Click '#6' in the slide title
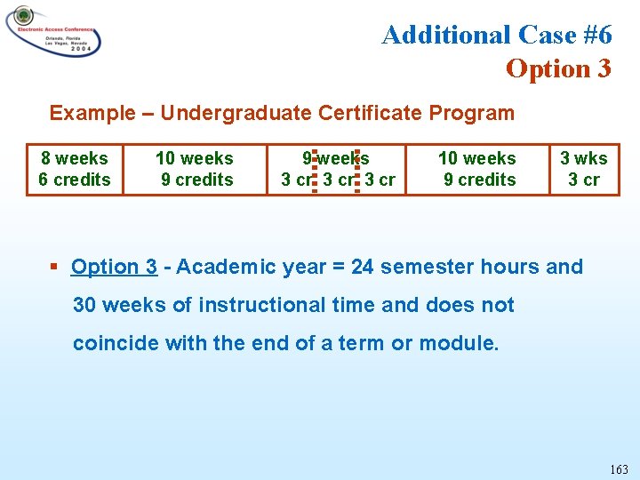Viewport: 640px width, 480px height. [x=592, y=35]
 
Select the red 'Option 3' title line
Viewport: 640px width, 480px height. [x=558, y=68]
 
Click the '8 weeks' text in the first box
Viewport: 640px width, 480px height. [x=75, y=158]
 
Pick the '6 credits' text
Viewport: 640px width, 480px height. [x=75, y=180]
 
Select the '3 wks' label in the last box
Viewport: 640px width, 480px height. [x=584, y=158]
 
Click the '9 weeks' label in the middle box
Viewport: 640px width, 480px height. [x=336, y=158]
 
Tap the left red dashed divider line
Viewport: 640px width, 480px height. [x=316, y=169]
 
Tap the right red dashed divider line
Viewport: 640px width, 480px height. [x=356, y=169]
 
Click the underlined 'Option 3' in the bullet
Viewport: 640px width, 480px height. [x=114, y=267]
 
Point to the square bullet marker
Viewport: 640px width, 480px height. [x=55, y=267]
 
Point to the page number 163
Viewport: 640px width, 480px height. [x=619, y=469]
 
